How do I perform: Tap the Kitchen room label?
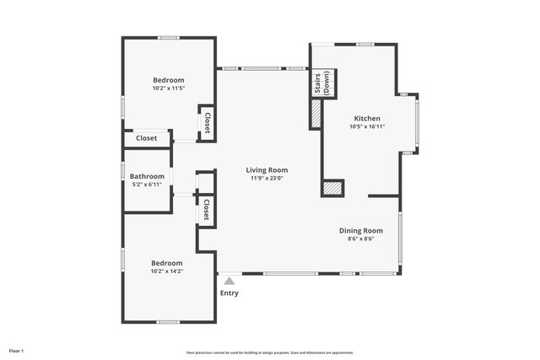tap(366, 118)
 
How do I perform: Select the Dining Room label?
tap(361, 230)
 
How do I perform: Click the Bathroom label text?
tap(147, 176)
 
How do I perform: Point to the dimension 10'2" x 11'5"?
tap(168, 88)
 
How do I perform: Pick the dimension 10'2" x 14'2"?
tap(167, 271)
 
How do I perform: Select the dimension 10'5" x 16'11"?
tap(366, 126)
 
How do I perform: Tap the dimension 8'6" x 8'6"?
tap(361, 239)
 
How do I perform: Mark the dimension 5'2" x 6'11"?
tap(147, 184)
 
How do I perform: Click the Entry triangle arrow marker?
tap(229, 281)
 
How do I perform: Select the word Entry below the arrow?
tap(229, 293)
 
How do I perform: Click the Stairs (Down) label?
tap(321, 84)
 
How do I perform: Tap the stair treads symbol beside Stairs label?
tap(333, 84)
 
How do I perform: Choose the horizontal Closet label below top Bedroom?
tap(146, 138)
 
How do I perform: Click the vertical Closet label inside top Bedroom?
tap(206, 123)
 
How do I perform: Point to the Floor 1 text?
tap(17, 350)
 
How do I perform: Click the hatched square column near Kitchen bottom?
tap(333, 188)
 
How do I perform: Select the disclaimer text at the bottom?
tap(269, 352)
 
